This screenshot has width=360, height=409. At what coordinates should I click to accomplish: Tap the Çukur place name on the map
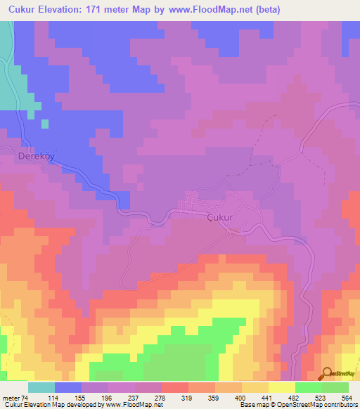coord(219,218)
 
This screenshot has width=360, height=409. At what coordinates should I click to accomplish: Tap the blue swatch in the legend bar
coord(68,387)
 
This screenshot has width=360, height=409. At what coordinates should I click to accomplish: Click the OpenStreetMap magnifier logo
coord(327,373)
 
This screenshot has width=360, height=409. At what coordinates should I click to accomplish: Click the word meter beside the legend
coord(10,398)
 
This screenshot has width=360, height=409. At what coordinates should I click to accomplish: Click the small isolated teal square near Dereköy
coord(45,124)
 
